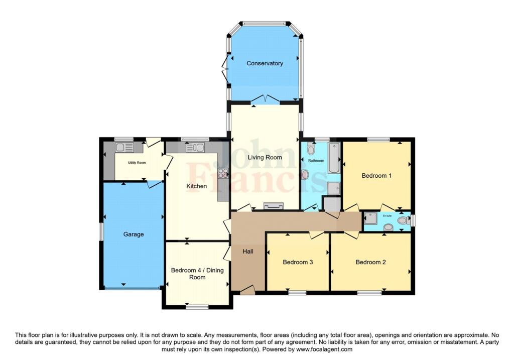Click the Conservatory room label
[265, 63]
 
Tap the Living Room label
[265, 157]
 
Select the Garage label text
[134, 234]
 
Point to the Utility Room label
[137, 163]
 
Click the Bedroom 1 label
[376, 176]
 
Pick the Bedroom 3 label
[298, 262]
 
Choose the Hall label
[248, 252]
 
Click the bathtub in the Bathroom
[334, 158]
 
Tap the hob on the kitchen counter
[223, 173]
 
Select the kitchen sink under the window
[195, 148]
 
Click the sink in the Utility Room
[124, 147]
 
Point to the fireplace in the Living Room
[273, 206]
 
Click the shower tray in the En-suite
[370, 218]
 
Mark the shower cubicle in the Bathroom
[333, 188]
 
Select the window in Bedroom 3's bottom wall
[297, 292]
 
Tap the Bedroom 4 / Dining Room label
[197, 274]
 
